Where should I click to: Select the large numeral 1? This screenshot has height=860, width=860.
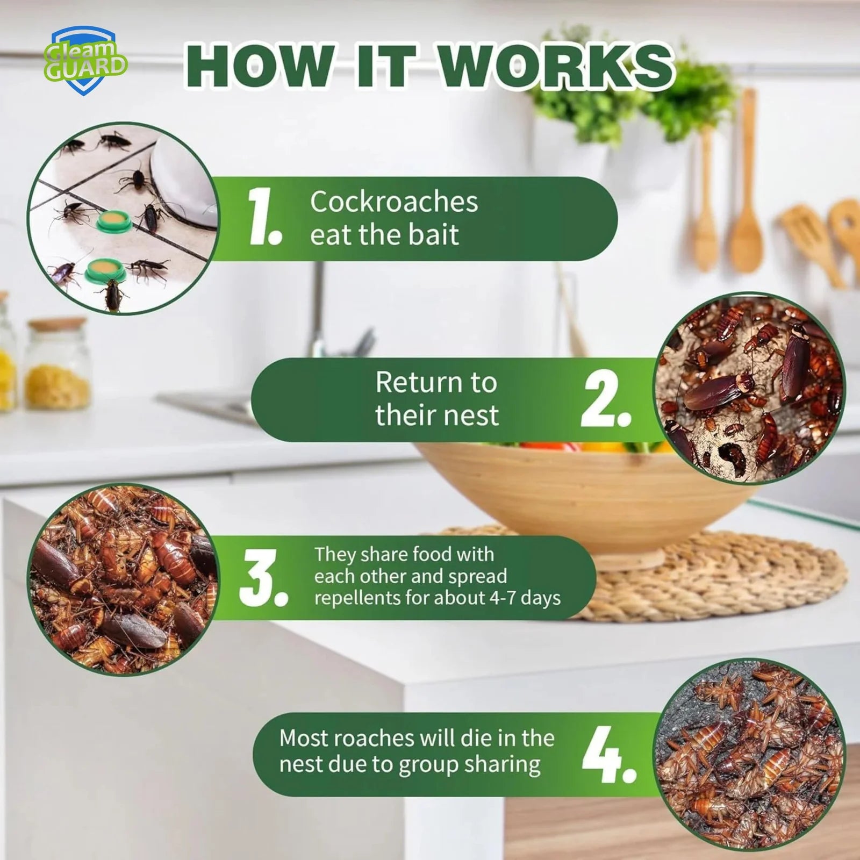[264, 218]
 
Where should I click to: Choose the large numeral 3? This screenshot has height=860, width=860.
[263, 578]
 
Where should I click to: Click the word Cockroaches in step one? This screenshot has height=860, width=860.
[394, 202]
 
